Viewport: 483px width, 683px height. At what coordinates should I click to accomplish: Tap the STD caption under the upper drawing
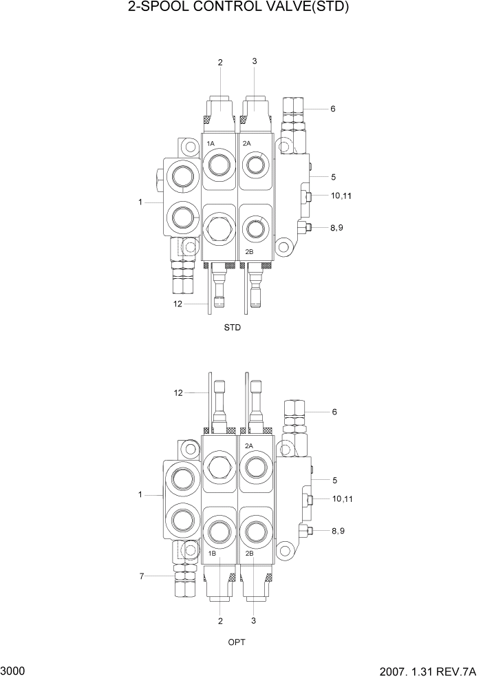(233, 328)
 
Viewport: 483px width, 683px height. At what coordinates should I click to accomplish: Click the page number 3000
(14, 671)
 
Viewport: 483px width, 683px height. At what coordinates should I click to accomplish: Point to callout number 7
(142, 576)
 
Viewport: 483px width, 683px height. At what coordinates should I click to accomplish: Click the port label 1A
(211, 143)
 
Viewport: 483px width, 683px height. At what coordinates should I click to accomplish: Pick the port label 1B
(212, 553)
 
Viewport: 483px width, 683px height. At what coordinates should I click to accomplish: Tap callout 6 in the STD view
(333, 109)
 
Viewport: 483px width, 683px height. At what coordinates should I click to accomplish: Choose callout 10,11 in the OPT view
(342, 498)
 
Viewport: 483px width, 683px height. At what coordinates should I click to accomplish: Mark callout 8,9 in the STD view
(336, 228)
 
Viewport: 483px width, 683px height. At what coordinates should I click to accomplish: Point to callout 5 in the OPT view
(334, 480)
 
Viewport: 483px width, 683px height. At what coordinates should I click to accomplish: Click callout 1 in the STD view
(140, 202)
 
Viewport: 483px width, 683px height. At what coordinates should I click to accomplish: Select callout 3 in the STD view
(255, 61)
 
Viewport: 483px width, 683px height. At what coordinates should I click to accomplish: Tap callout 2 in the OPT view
(220, 622)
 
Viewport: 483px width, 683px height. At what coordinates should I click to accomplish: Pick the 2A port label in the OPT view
(249, 445)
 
